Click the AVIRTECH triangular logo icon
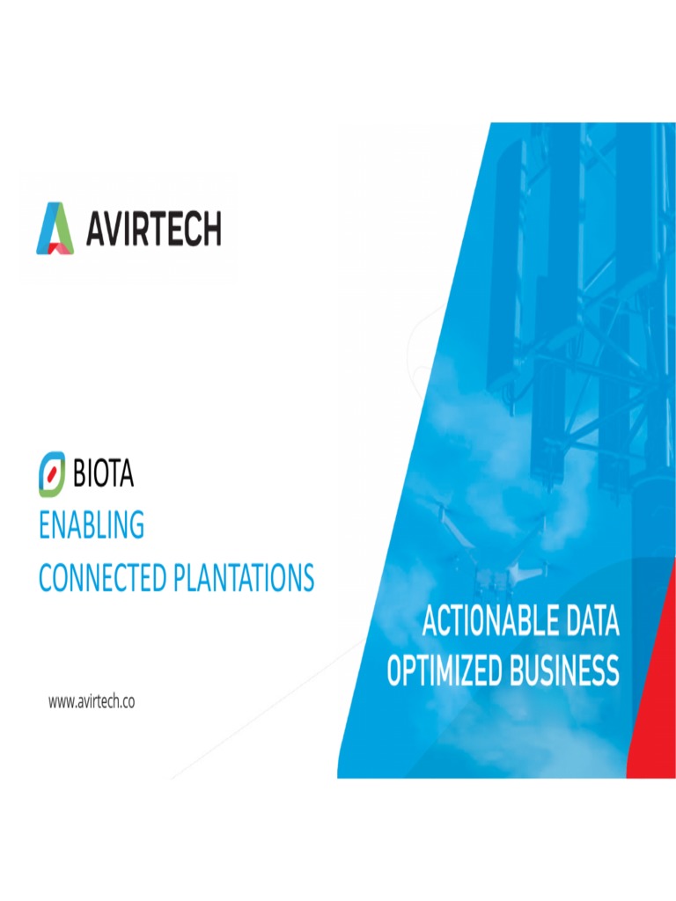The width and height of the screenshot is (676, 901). click(x=55, y=228)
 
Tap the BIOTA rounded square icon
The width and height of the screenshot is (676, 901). click(x=52, y=473)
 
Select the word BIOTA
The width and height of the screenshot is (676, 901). click(x=103, y=474)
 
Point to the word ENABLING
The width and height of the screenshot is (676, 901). click(x=91, y=526)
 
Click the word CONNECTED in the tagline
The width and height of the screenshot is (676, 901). click(x=101, y=578)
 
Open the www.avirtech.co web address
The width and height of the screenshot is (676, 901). click(x=91, y=701)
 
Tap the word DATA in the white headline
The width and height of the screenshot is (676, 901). click(x=592, y=622)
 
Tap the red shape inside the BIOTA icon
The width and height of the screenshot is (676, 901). click(x=52, y=473)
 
